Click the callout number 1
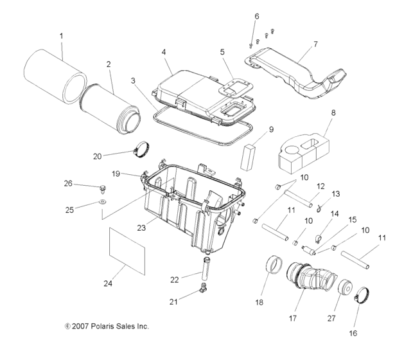point(61,37)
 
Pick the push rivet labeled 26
point(102,188)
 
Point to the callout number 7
point(315,44)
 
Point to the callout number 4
point(164,50)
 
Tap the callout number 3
point(133,82)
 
